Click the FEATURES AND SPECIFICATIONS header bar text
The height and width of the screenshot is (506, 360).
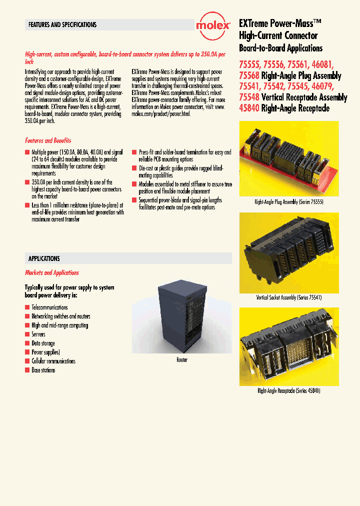point(62,24)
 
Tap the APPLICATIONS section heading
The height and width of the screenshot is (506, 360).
point(44,258)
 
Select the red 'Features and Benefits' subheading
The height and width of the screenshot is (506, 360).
point(48,141)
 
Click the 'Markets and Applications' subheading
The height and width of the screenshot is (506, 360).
point(52,273)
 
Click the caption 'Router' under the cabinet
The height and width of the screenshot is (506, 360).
point(182,360)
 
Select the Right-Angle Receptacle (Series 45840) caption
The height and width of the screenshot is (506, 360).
point(288,390)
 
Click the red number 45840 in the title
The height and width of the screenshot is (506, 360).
point(249,108)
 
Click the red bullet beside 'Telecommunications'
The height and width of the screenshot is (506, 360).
point(27,307)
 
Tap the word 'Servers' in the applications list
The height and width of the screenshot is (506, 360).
point(38,334)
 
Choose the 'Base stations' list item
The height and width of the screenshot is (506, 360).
point(43,370)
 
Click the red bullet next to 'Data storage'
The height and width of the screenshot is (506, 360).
point(27,343)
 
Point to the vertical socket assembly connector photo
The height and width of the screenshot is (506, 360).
point(288,252)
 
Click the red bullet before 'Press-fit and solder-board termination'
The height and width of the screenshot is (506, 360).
point(134,152)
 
